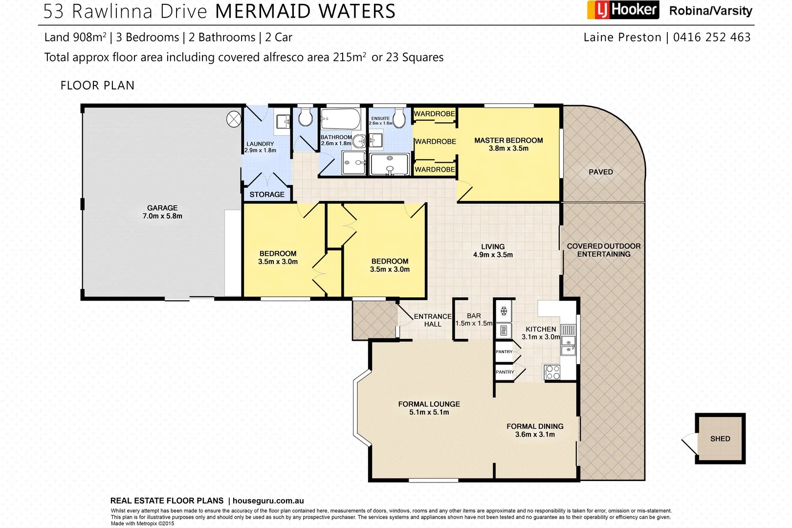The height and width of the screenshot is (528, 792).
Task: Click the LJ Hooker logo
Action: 623,10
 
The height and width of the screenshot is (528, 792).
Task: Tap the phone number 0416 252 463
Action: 711,37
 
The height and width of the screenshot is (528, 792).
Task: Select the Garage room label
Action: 162,208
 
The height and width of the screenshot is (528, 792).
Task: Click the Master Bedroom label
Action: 508,140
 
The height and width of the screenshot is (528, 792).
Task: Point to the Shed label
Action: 720,439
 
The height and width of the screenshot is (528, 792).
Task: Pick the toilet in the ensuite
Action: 399,118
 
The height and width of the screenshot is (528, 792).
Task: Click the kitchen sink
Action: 568,345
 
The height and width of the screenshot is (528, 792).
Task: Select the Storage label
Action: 267,195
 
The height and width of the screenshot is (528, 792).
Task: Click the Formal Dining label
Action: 535,426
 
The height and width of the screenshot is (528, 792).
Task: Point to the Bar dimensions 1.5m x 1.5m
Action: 474,324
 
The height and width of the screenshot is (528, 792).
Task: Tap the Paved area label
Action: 601,172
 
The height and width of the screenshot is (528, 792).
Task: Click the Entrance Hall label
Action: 433,320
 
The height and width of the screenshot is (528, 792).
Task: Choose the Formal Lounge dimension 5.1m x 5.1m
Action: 429,412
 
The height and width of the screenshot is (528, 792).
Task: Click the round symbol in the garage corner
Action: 234,119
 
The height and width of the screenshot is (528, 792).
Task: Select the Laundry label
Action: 260,144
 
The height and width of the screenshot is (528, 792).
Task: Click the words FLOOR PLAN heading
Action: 97,86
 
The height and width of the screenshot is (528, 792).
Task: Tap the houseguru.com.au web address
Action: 268,501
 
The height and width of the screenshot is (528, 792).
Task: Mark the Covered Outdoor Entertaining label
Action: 604,250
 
